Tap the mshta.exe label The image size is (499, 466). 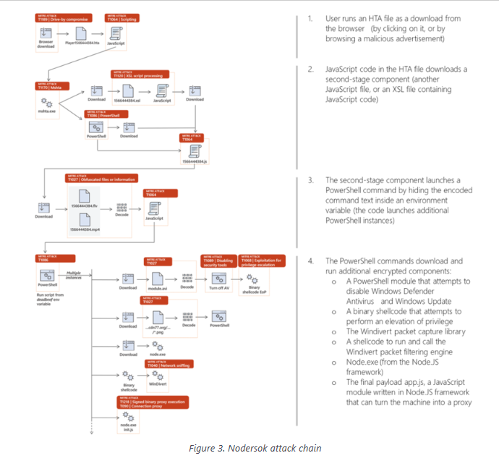pyautogui.click(x=46, y=111)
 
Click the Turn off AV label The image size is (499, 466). pyautogui.click(x=218, y=287)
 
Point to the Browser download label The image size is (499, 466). pyautogui.click(x=46, y=45)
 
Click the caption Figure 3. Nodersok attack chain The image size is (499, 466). pyautogui.click(x=250, y=449)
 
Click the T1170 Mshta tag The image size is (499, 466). pyautogui.click(x=52, y=85)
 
